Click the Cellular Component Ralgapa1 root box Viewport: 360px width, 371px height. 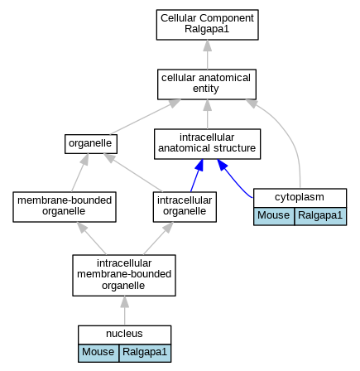point(207,25)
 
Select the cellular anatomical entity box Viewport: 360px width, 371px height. point(207,84)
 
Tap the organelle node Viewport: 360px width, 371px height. point(91,144)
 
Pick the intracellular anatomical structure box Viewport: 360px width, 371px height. point(207,144)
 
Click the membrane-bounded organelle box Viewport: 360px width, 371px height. point(65,207)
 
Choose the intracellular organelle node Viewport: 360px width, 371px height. point(185,207)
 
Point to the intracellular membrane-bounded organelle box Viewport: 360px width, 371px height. point(124,276)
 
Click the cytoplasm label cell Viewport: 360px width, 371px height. point(300,198)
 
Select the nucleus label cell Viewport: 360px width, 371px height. point(125,335)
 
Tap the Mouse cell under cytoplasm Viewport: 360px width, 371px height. point(274,216)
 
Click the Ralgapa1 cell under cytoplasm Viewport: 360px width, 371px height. point(320,216)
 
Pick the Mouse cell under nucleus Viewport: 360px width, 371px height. point(98,353)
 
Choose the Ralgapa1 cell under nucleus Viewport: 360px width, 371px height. point(145,353)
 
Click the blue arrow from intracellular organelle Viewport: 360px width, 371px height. point(197,176)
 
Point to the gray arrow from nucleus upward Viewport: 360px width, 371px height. point(125,311)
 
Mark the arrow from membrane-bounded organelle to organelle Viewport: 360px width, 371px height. point(80,173)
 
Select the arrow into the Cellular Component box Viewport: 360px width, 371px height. point(208,55)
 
